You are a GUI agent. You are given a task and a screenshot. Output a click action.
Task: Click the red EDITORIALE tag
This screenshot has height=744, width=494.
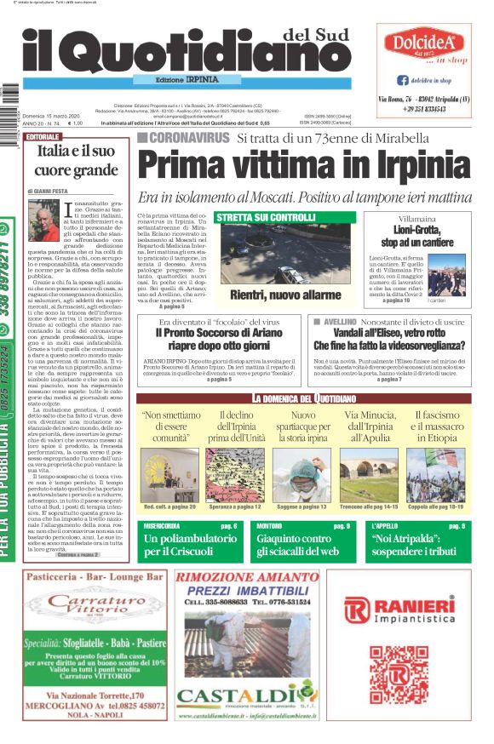[43, 136]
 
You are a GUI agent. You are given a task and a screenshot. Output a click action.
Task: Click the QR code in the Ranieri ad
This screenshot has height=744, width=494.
[398, 675]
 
